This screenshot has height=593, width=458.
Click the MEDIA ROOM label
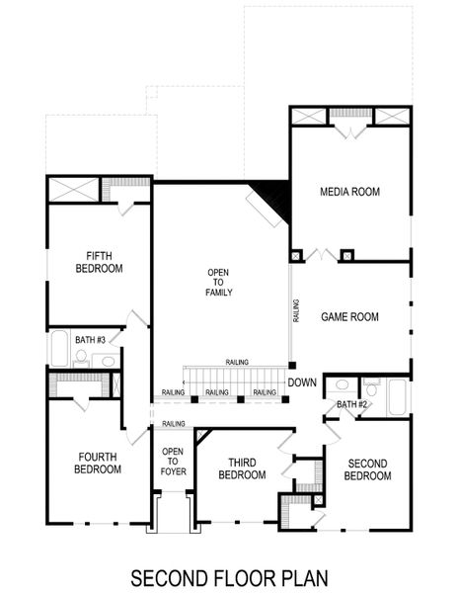click(349, 192)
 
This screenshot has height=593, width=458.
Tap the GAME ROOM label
click(349, 317)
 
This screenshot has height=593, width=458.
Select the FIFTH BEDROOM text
click(98, 262)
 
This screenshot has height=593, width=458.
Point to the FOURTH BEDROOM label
click(98, 463)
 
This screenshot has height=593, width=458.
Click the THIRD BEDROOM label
click(242, 468)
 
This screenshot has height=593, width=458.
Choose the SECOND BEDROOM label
click(367, 468)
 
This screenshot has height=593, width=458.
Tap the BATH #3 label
click(90, 340)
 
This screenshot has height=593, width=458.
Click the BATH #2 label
click(351, 404)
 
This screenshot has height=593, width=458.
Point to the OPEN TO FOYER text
click(174, 461)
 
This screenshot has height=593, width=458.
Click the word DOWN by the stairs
click(302, 382)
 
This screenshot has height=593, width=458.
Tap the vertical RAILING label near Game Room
click(296, 313)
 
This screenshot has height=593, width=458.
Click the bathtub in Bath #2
click(397, 396)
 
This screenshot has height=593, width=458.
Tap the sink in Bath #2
click(342, 384)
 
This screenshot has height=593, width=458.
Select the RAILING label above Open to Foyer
click(174, 424)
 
